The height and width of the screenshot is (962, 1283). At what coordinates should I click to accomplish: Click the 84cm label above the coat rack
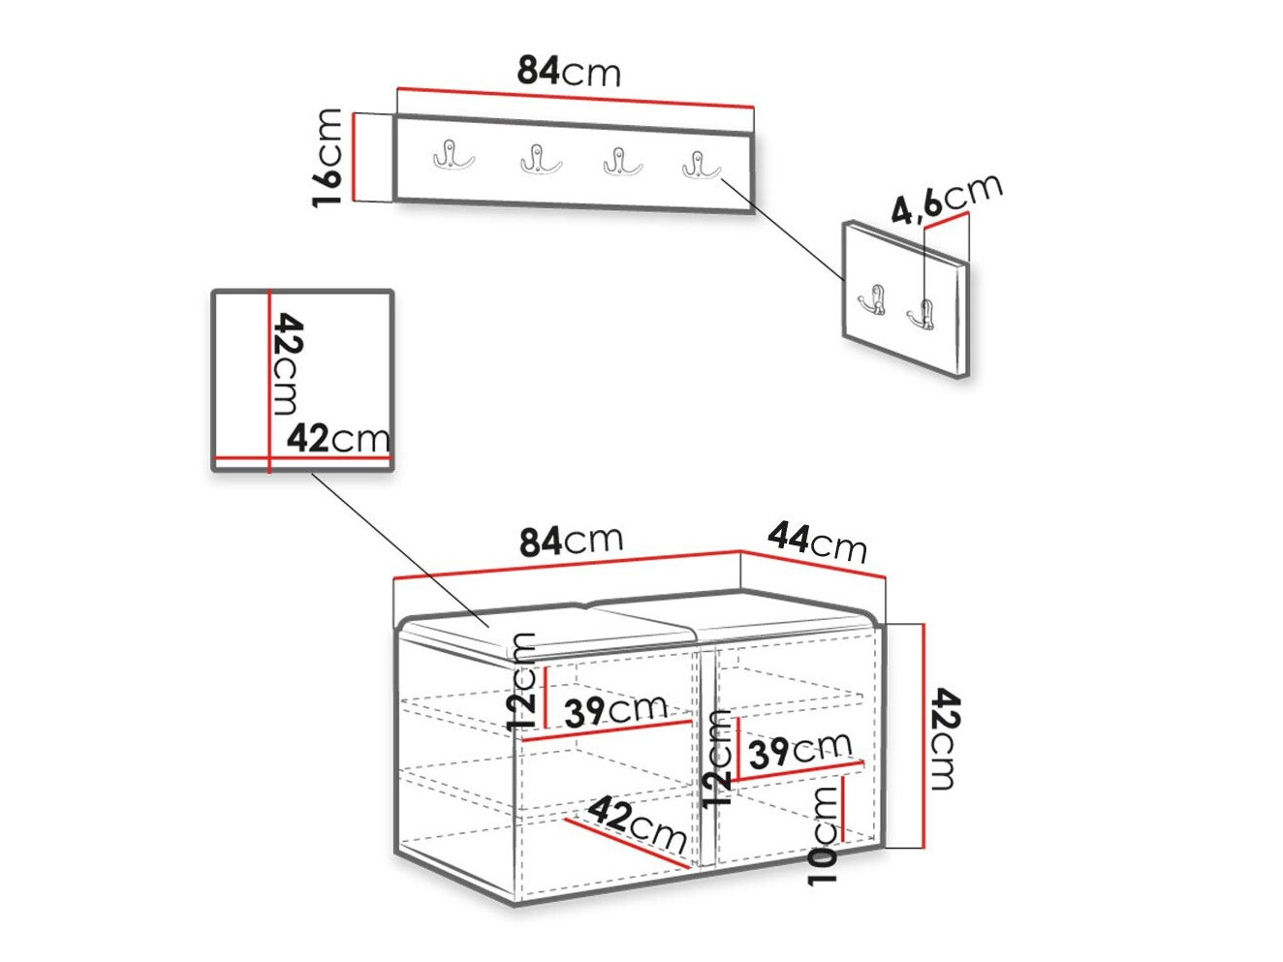(x=569, y=71)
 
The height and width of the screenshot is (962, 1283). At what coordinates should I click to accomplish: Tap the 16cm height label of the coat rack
(x=329, y=158)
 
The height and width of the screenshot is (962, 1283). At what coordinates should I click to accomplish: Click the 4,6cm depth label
(x=946, y=200)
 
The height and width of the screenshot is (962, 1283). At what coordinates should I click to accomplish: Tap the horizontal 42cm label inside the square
(x=338, y=439)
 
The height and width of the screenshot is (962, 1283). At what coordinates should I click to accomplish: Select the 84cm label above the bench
(x=571, y=541)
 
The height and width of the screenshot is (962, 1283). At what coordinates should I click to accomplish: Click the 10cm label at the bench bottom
(x=823, y=835)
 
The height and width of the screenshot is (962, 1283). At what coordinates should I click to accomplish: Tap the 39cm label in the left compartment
(x=615, y=710)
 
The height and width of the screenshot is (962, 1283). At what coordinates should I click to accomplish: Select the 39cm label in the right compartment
(x=799, y=749)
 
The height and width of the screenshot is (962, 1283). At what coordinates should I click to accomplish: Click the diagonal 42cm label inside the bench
(x=637, y=823)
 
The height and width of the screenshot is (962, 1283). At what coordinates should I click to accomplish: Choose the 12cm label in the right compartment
(x=717, y=760)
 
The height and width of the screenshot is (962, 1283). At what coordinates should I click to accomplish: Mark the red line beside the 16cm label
(x=357, y=157)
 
